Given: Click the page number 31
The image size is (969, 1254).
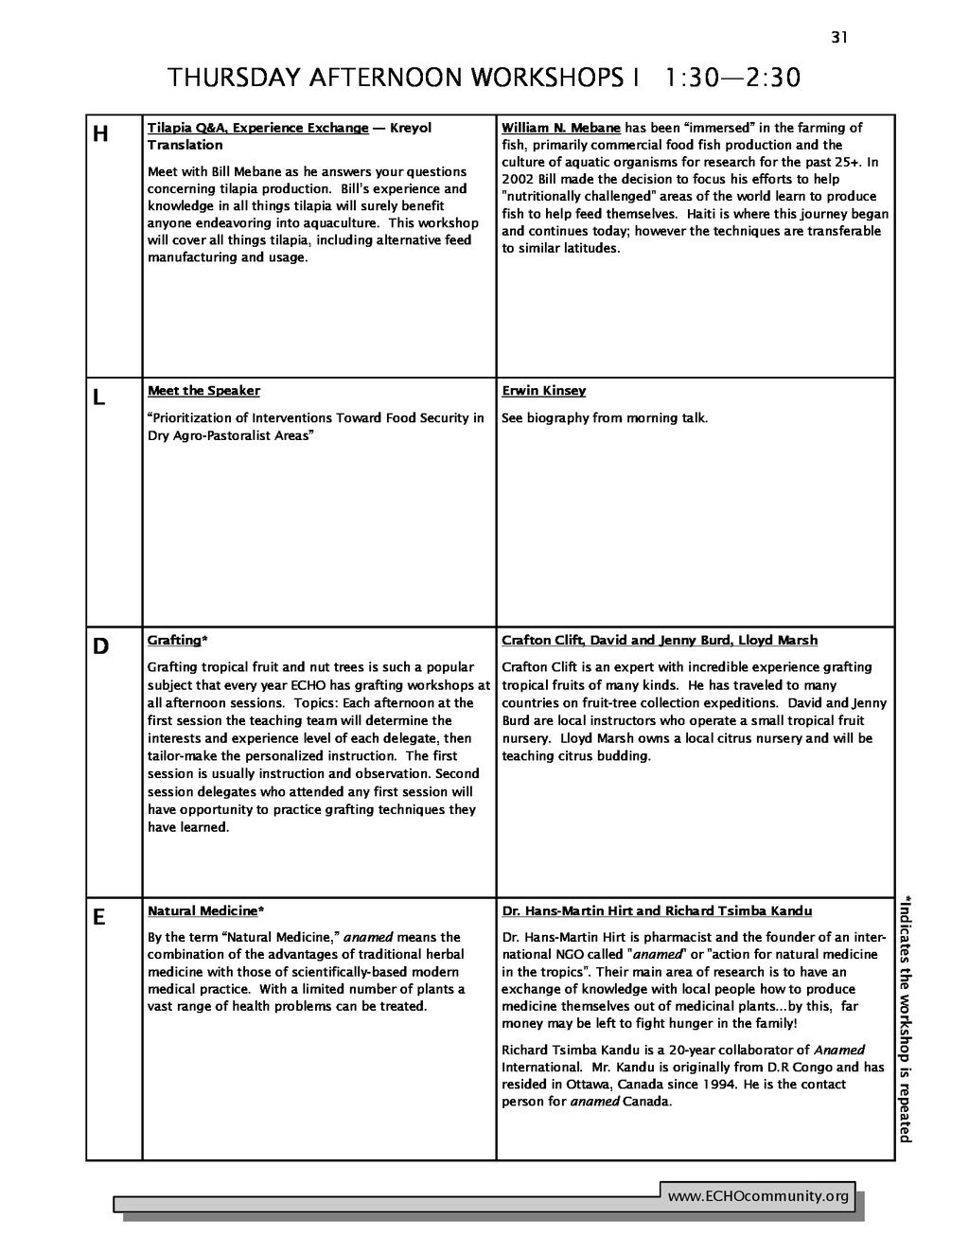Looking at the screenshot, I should [x=839, y=38].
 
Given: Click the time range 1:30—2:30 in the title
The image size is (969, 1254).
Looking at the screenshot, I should [x=732, y=78].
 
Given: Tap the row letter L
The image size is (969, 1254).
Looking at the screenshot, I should [x=98, y=399].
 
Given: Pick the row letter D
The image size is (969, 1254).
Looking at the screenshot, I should [x=100, y=647].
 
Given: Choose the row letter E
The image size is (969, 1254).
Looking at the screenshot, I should [x=98, y=918].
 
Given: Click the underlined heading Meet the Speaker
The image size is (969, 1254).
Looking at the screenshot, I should [x=203, y=391].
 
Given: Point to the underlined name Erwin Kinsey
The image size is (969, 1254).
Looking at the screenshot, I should [x=543, y=391].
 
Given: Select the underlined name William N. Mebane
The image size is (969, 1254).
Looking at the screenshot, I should [x=560, y=128].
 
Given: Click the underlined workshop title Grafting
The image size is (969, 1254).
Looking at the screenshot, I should [x=174, y=641].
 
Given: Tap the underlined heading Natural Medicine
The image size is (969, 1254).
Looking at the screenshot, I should [x=203, y=911].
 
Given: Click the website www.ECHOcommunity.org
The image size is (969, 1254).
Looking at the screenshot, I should [x=758, y=1197].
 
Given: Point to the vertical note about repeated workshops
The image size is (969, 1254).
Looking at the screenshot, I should [x=906, y=1018].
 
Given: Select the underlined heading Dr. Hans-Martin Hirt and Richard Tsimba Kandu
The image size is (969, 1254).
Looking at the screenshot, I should [x=657, y=911].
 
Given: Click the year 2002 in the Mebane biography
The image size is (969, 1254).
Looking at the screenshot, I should [x=518, y=180].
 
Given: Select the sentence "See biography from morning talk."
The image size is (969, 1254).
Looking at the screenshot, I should [x=604, y=418].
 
